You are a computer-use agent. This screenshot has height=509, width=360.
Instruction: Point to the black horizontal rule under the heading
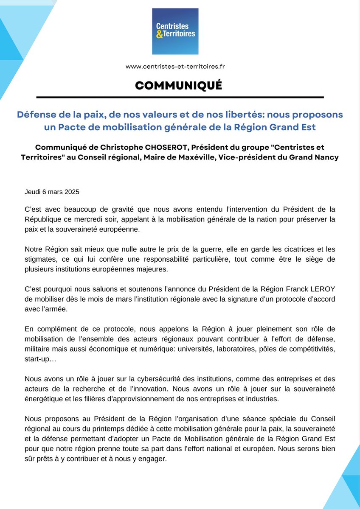(x=180, y=98)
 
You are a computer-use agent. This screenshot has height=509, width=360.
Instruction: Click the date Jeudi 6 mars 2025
(x=52, y=191)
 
